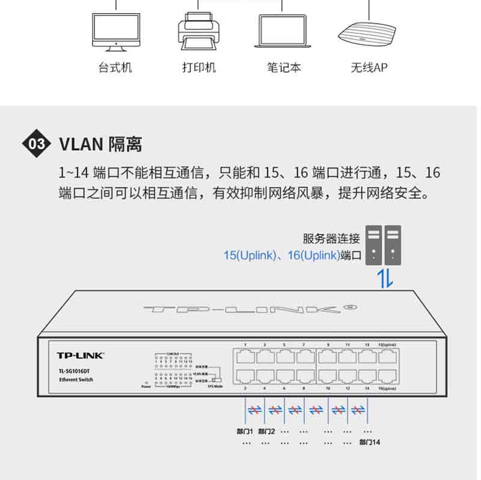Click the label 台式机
coord(115,67)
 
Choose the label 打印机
coord(198,67)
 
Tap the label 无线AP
coord(369,67)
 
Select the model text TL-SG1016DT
coord(74,370)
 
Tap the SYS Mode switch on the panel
coord(216,380)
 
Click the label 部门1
coord(245,431)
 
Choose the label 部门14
coord(370,442)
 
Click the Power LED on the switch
coord(146,382)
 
